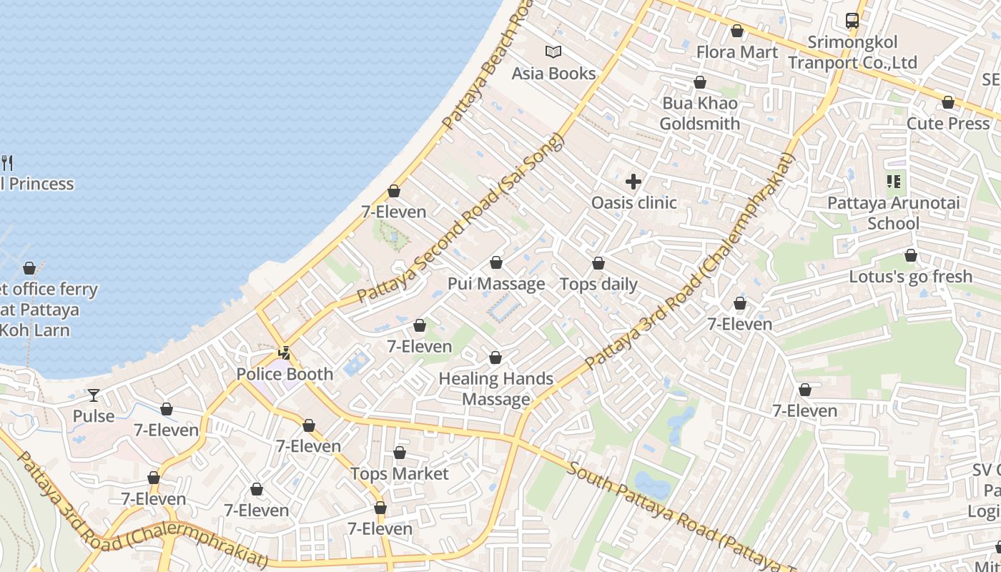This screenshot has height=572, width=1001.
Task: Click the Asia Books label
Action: (x=553, y=74)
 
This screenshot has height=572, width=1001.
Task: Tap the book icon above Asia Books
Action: (x=553, y=51)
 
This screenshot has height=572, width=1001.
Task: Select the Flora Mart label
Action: (x=736, y=52)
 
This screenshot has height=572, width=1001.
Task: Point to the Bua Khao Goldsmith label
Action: (x=699, y=113)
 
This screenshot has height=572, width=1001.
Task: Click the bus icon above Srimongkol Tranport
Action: (x=852, y=21)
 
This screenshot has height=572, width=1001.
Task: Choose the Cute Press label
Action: (x=947, y=124)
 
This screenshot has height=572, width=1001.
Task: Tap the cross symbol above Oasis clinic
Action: (x=633, y=182)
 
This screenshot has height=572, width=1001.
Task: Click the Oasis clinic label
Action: (x=633, y=203)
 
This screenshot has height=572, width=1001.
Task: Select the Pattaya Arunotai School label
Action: (x=893, y=213)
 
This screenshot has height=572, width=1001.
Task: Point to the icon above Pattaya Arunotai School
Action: (x=893, y=182)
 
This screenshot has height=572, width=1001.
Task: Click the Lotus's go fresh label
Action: (x=910, y=277)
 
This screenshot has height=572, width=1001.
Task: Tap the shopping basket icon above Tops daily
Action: (x=598, y=263)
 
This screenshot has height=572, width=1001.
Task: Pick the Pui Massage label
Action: (x=496, y=284)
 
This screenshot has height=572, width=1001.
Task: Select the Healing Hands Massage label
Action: (x=495, y=389)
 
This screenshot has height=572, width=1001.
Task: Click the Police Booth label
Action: (x=285, y=374)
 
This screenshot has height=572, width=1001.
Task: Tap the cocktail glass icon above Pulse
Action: (x=94, y=395)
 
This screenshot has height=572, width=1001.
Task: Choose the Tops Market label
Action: (x=399, y=474)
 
